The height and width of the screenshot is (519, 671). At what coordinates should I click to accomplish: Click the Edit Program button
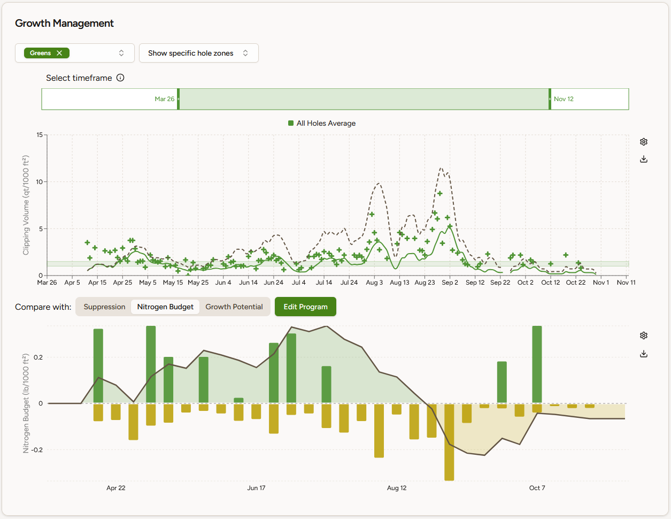click(x=305, y=307)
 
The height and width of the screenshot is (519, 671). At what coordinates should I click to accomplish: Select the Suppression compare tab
click(x=104, y=307)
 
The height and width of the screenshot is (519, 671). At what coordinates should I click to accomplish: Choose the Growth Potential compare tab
click(x=234, y=307)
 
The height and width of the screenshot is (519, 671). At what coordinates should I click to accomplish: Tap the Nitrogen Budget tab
click(x=165, y=307)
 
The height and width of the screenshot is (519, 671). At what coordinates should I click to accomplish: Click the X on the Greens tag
click(x=59, y=53)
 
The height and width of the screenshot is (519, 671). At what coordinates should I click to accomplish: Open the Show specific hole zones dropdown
click(x=198, y=53)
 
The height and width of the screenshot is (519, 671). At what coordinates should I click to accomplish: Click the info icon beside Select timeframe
click(x=120, y=78)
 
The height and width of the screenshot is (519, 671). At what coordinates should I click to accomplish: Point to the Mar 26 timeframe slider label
click(x=165, y=99)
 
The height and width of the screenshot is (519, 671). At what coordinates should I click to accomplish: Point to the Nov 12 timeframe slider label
click(x=564, y=99)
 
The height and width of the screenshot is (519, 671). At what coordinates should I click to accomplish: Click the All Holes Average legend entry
click(x=322, y=123)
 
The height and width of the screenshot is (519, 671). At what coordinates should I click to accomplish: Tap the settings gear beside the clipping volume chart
click(x=644, y=142)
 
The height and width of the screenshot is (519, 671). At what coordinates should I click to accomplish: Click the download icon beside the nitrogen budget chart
click(x=644, y=354)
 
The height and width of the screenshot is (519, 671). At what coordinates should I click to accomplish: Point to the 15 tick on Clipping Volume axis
click(x=40, y=135)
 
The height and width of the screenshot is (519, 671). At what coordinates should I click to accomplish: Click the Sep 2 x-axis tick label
click(x=450, y=283)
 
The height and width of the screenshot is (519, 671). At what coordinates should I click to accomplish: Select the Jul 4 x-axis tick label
click(x=298, y=283)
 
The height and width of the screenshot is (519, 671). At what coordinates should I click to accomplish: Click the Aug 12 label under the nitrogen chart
click(x=397, y=488)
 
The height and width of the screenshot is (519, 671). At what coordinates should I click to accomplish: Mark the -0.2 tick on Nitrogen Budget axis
click(x=37, y=450)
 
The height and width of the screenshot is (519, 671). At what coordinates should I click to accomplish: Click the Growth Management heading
click(x=64, y=24)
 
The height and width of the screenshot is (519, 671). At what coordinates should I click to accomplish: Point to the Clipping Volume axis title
click(x=26, y=205)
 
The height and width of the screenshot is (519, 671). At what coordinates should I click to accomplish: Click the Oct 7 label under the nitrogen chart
click(x=537, y=488)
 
